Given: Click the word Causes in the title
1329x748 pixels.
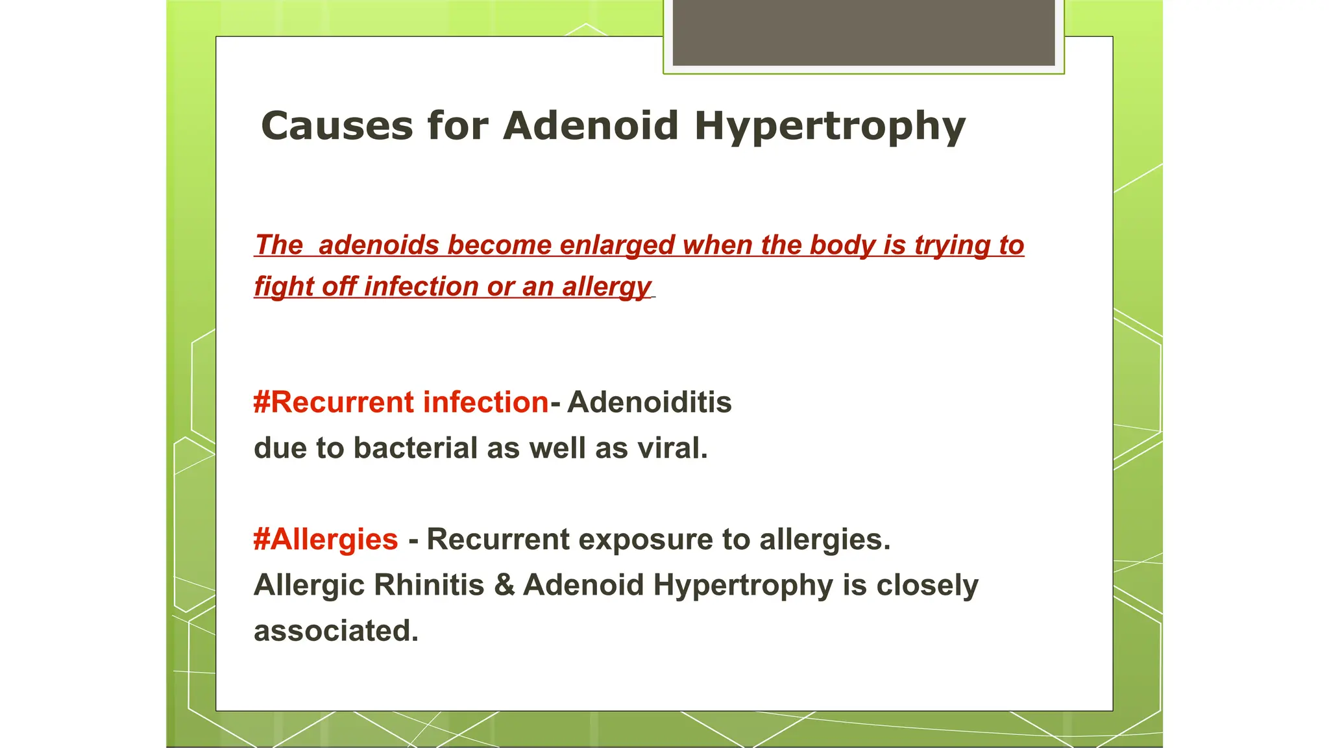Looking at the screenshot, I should [337, 125].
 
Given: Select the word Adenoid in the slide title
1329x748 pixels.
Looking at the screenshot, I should [591, 125].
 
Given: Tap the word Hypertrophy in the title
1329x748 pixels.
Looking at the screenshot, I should [830, 127].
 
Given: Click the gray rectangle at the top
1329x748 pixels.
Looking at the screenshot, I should [864, 32].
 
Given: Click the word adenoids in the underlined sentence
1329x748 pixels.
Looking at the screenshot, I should [379, 245].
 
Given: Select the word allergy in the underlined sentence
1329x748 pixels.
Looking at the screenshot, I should [606, 287].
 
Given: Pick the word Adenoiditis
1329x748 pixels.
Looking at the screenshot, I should [650, 403].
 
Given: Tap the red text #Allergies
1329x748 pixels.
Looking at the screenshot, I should [326, 540].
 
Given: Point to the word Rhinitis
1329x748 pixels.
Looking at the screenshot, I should [428, 585].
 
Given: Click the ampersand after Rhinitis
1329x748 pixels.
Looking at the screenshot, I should [504, 585].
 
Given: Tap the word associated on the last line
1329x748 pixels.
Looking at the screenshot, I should [335, 631].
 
